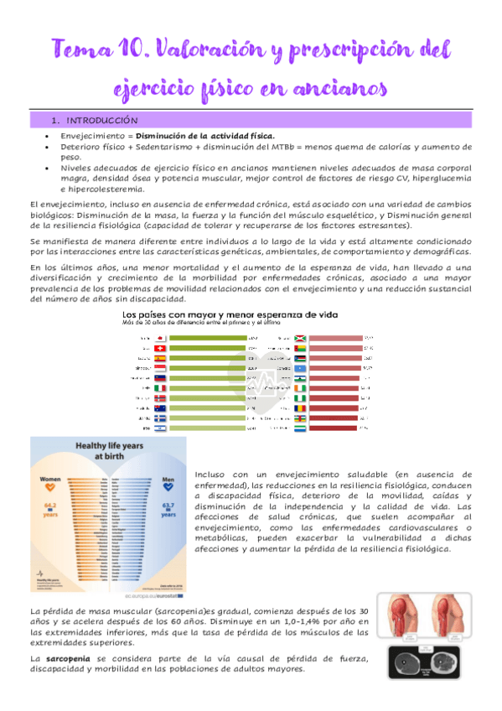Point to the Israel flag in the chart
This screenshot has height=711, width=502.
159,428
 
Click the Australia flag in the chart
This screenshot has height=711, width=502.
159,407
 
